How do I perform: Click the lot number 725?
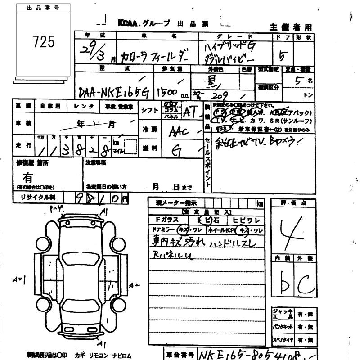click(x=44, y=42)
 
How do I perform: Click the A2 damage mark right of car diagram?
click(x=133, y=285)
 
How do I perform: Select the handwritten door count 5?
click(x=283, y=56)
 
